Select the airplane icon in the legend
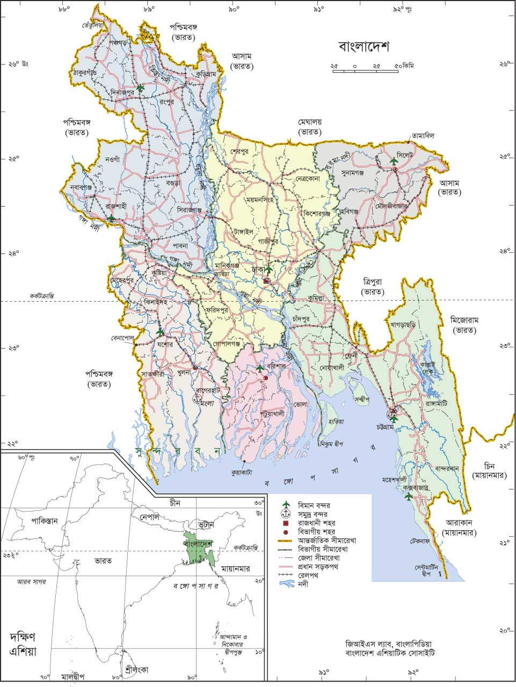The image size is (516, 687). tap(286, 505)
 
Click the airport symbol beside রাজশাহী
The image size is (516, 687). tap(111, 218)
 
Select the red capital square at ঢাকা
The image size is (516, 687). tap(266, 280)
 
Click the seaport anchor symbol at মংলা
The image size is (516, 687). tap(197, 398)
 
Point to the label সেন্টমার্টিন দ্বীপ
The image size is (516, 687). tap(427, 570)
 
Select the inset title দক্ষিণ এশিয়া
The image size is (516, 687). tap(22, 644)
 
